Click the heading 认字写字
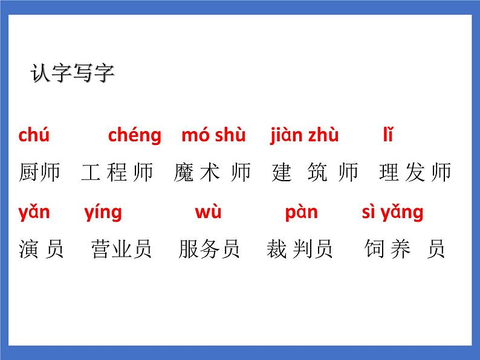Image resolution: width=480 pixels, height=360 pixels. pyautogui.click(x=72, y=74)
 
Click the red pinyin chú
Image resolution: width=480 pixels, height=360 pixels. pyautogui.click(x=34, y=135)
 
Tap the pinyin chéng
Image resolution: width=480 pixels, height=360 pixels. pyautogui.click(x=134, y=135)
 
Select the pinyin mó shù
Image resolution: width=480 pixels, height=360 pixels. pyautogui.click(x=213, y=135)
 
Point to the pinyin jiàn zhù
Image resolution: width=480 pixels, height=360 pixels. pyautogui.click(x=304, y=135)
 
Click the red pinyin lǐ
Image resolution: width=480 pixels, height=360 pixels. pyautogui.click(x=388, y=135)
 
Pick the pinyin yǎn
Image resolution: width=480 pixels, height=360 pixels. pyautogui.click(x=34, y=212)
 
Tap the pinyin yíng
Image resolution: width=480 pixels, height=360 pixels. pyautogui.click(x=103, y=213)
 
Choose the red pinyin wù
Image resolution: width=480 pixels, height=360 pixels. pyautogui.click(x=208, y=212)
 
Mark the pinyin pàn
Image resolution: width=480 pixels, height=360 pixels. pyautogui.click(x=301, y=212)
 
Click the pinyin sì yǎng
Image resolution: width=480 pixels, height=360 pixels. pyautogui.click(x=392, y=213)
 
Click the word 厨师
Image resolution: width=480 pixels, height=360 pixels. pyautogui.click(x=40, y=173)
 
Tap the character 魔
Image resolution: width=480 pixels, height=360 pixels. pyautogui.click(x=183, y=173)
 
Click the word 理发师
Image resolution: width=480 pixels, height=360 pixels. pyautogui.click(x=415, y=173)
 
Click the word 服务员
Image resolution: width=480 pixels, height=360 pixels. pyautogui.click(x=209, y=249)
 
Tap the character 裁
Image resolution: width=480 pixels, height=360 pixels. pyautogui.click(x=276, y=249)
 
